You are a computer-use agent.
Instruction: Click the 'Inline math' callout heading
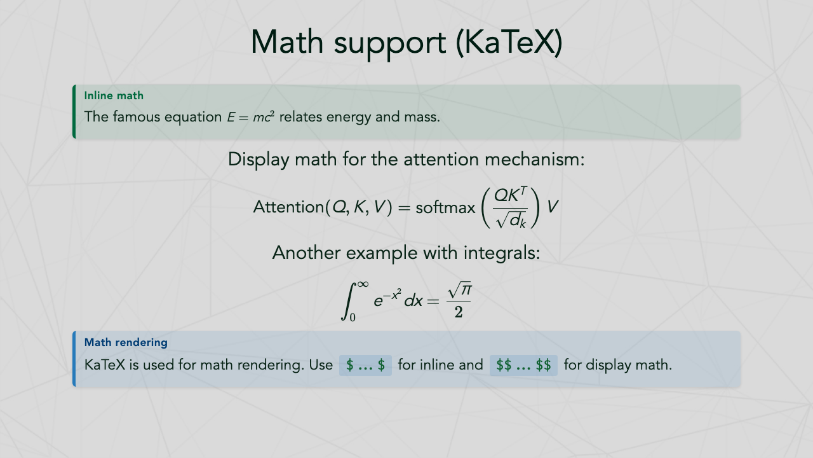click(114, 95)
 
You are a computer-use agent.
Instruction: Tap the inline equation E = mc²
click(250, 118)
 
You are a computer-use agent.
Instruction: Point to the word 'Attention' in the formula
click(288, 207)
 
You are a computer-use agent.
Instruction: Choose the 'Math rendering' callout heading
click(126, 342)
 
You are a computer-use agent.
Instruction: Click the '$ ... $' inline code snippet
click(365, 366)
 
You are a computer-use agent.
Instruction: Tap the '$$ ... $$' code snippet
click(523, 366)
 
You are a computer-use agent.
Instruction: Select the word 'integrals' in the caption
click(502, 253)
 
